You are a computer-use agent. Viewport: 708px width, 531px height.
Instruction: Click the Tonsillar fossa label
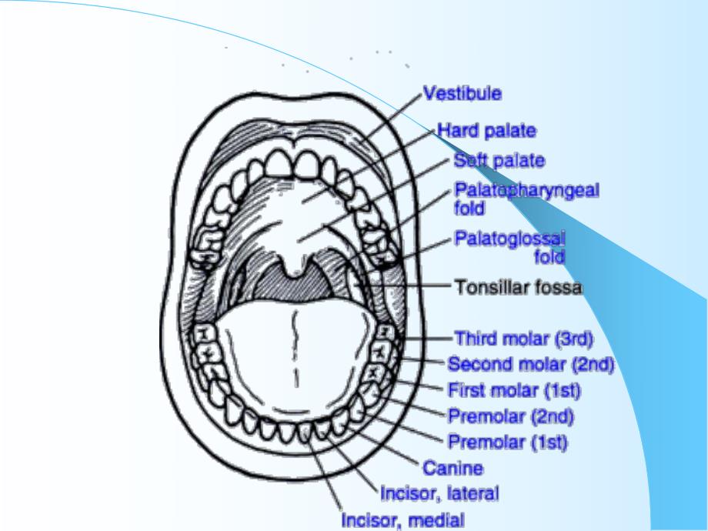(518, 288)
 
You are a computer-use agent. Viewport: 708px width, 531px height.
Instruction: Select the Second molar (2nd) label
(530, 364)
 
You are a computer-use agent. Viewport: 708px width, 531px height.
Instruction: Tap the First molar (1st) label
(514, 391)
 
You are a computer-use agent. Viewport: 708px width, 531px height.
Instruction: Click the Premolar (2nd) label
(511, 417)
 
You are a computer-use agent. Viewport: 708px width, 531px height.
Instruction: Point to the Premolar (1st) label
(508, 442)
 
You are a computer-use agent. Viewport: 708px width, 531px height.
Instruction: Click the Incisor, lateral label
(439, 493)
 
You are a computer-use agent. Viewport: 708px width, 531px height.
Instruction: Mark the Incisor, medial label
(402, 520)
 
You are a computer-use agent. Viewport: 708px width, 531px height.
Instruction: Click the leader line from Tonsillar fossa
(408, 287)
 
